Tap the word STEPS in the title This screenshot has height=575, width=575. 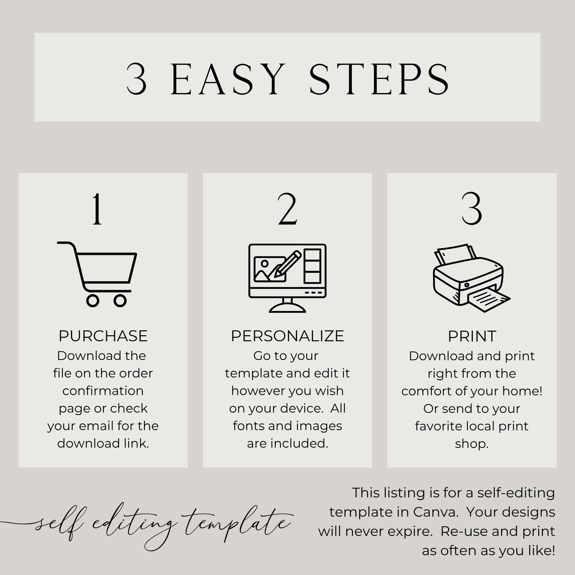tap(379, 79)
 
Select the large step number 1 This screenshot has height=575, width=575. tap(97, 209)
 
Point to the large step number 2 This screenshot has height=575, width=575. tap(287, 209)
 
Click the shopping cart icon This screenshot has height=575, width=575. tap(97, 274)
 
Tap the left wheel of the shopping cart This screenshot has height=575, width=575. tap(93, 301)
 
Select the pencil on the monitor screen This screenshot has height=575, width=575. tap(287, 264)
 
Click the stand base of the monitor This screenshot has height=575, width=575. tap(287, 308)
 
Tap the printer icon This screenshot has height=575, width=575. tap(472, 278)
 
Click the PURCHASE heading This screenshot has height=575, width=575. tap(103, 336)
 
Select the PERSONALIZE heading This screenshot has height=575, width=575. tap(287, 336)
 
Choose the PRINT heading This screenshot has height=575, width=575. tap(472, 336)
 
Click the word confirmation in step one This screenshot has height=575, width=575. tap(103, 391)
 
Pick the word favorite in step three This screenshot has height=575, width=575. tap(438, 426)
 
